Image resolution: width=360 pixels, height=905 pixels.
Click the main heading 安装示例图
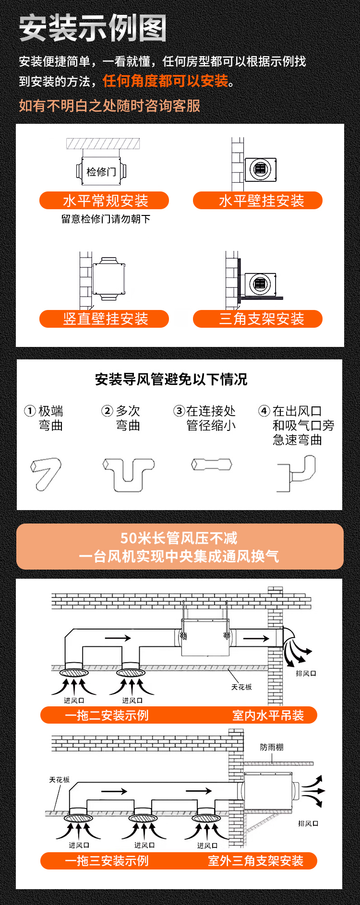coord(93,28)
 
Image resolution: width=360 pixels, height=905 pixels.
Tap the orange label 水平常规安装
coord(104,201)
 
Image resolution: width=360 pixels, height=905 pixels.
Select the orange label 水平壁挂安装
coord(258,201)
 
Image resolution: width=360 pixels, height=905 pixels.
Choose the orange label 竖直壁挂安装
coord(104,319)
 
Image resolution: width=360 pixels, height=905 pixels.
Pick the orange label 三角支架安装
coord(258,319)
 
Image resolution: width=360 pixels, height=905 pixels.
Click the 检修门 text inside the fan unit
coord(101,171)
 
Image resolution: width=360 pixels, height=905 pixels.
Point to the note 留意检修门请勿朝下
coord(106,219)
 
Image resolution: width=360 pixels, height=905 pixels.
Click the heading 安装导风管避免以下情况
coord(171,380)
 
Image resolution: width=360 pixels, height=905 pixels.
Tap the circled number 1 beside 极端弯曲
coord(30,411)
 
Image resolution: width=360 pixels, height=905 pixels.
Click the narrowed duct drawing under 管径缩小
coord(212,464)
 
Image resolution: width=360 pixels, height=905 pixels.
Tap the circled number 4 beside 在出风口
coord(264,411)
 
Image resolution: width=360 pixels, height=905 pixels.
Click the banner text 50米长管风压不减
coord(179,538)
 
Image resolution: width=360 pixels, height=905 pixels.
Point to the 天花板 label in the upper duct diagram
coord(241,687)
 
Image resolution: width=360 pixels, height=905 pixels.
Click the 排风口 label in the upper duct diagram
coord(306,673)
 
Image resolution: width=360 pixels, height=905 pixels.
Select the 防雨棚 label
coord(272,747)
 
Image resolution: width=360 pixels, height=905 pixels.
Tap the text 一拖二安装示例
coord(107,715)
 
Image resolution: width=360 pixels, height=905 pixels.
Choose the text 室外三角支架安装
coord(255,861)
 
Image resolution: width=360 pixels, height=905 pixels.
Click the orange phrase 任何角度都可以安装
coord(166,81)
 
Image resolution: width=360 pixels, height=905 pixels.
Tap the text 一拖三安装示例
coord(107,861)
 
